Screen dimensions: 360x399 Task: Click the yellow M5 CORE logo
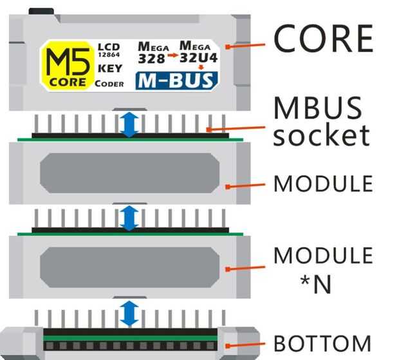(x=67, y=65)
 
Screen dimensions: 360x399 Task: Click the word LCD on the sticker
(x=107, y=47)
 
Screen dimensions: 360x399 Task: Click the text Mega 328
(x=152, y=52)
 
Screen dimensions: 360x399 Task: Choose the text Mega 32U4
(x=199, y=52)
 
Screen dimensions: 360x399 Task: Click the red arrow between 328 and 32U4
(x=172, y=57)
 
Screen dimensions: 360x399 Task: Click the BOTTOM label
(x=322, y=343)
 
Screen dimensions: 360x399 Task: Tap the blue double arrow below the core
(x=130, y=125)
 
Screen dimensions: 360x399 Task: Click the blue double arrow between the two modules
(x=130, y=218)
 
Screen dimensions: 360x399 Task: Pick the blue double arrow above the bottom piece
(x=130, y=313)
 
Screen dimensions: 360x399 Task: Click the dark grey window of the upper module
(x=129, y=173)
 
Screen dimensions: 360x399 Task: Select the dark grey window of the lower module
(x=129, y=267)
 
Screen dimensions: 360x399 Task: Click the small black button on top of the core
(x=41, y=11)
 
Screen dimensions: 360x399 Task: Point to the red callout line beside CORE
(x=247, y=46)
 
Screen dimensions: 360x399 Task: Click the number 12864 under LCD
(x=107, y=56)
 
